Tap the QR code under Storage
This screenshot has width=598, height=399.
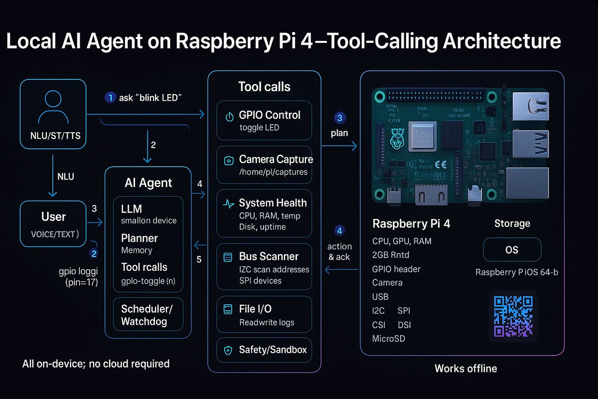coord(513,315)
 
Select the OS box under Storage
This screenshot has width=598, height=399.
coord(512,249)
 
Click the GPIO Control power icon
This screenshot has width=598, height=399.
coord(229,117)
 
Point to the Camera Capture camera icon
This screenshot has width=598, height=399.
coord(229,161)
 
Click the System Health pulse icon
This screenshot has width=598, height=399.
coord(229,203)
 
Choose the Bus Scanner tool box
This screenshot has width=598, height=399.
coord(264,267)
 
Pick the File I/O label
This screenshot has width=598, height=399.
coord(255,310)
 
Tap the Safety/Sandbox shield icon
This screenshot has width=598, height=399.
coord(229,350)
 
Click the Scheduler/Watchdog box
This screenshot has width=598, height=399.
coord(148,315)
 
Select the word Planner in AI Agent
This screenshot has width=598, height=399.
coord(139,238)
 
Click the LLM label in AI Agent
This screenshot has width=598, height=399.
coord(132,208)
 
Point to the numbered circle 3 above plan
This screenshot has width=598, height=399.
coord(339,118)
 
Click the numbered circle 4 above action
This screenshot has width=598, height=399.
coord(339,230)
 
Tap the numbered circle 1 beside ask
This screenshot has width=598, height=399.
coord(110,98)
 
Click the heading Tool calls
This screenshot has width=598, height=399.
coord(264,87)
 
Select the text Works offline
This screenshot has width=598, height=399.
coord(465,369)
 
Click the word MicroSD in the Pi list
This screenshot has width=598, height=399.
coord(389,339)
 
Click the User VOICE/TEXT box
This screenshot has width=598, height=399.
coord(53,223)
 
